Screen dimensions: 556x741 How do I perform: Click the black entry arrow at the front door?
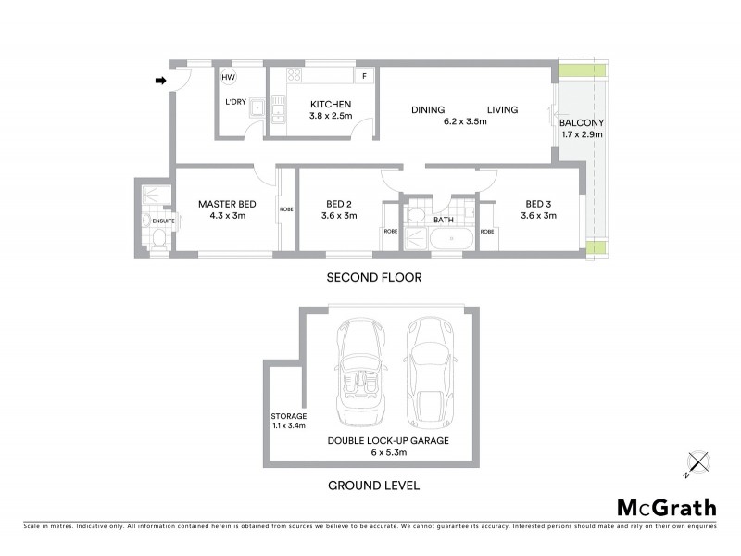pos(159,82)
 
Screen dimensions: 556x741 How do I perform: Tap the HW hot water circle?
pos(229,77)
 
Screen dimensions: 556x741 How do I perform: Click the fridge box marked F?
pos(364,76)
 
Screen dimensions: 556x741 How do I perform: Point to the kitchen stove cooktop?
pos(294,76)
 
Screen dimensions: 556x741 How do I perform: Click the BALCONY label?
pos(582,123)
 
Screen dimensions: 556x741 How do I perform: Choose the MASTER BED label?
pos(227,204)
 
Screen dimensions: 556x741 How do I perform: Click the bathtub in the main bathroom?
pos(451,239)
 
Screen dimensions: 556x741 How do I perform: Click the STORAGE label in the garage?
pos(288,416)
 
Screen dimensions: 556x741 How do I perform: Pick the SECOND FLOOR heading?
pos(368,277)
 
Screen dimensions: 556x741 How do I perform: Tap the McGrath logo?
pos(666,507)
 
